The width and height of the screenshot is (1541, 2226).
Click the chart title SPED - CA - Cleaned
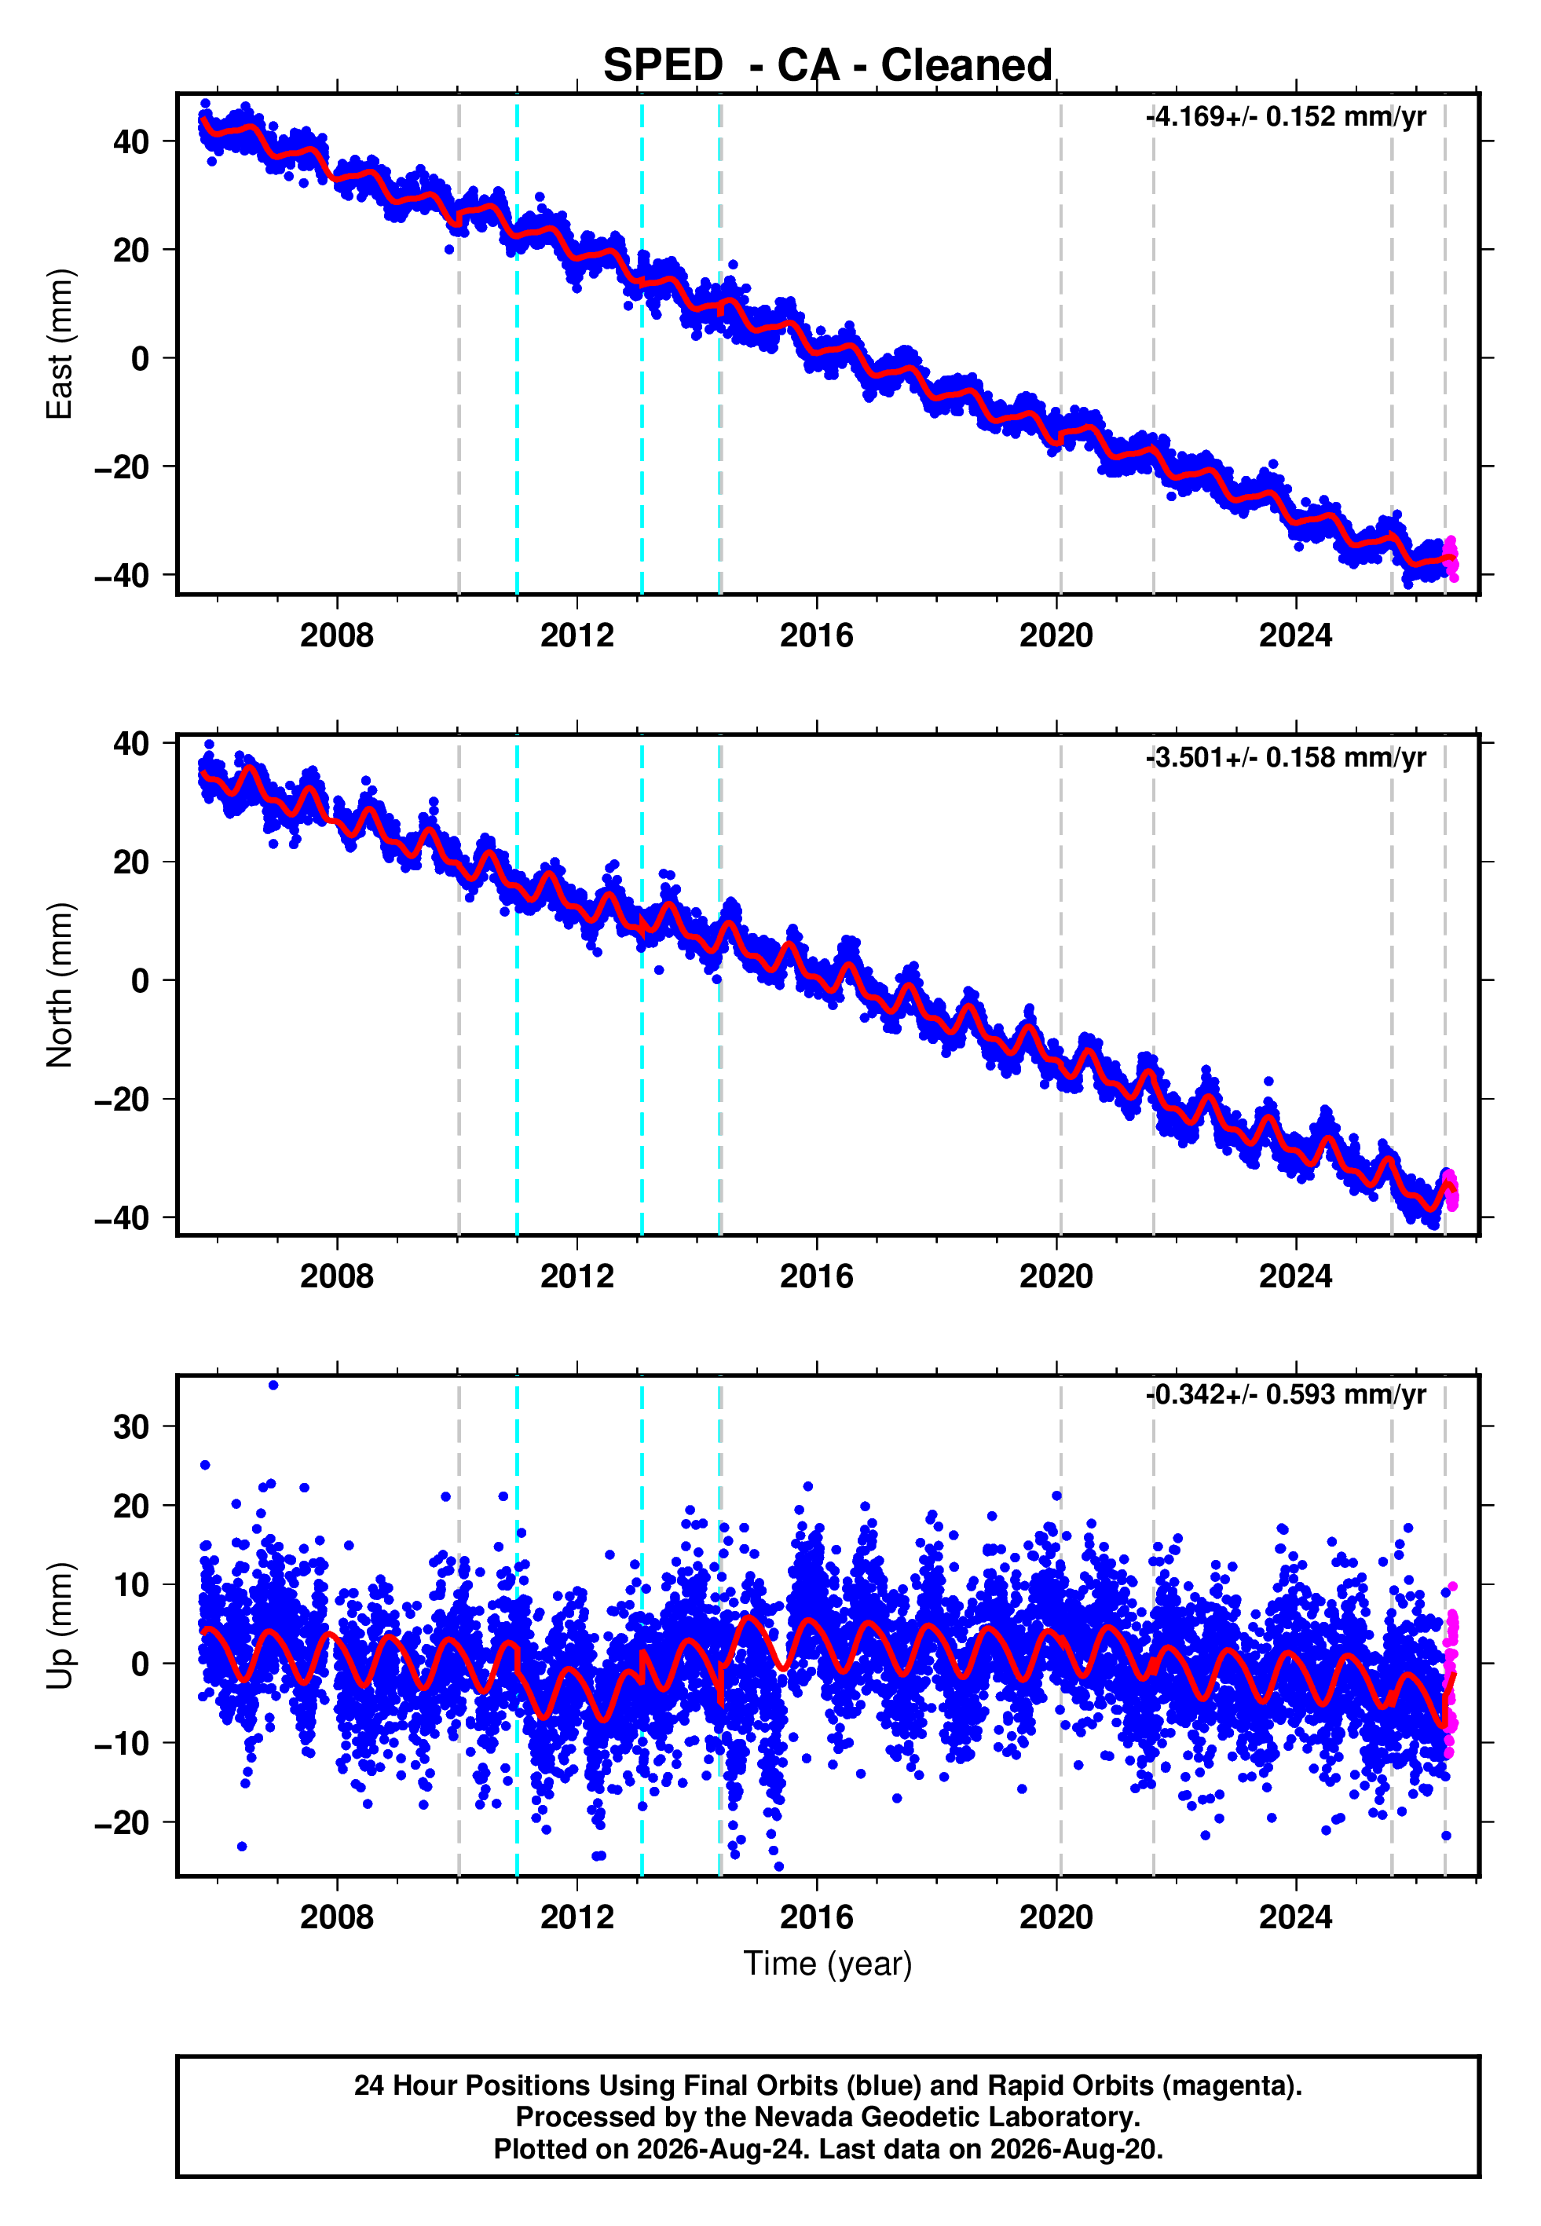[828, 66]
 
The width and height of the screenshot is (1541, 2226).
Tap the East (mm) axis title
[60, 344]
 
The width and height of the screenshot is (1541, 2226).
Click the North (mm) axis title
[60, 985]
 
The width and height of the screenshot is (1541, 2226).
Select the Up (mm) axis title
[60, 1627]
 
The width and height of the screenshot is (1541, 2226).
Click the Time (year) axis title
[828, 1964]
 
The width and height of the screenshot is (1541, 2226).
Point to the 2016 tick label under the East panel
[817, 635]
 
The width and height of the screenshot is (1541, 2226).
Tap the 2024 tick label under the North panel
[1296, 1276]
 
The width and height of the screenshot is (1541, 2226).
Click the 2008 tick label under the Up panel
[337, 1917]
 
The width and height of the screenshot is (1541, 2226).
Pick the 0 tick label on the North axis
[141, 981]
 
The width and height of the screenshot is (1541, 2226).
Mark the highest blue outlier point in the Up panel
[273, 1386]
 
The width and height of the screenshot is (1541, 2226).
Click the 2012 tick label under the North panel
[577, 1276]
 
